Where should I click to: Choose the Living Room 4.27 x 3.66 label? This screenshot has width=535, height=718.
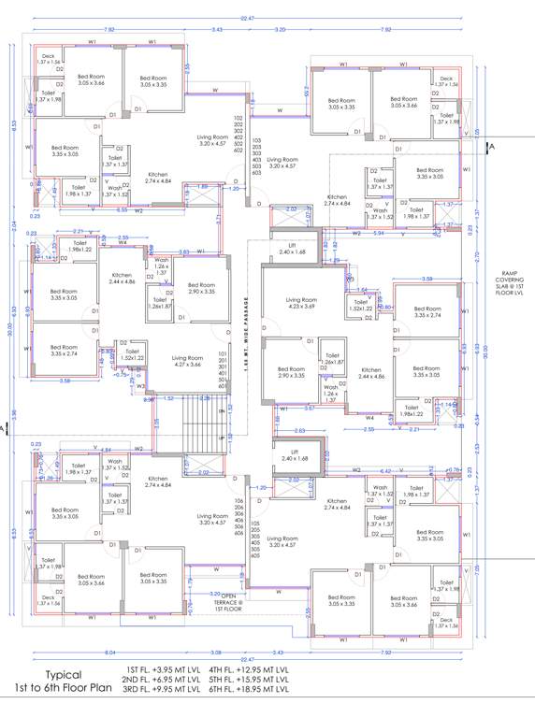pos(187,360)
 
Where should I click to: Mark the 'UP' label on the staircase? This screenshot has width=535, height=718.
pos(223,437)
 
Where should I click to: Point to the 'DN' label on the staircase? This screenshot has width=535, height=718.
pos(223,410)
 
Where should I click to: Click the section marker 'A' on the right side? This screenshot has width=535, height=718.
pos(492,148)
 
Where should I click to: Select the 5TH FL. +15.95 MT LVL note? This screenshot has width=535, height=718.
pos(249,679)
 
